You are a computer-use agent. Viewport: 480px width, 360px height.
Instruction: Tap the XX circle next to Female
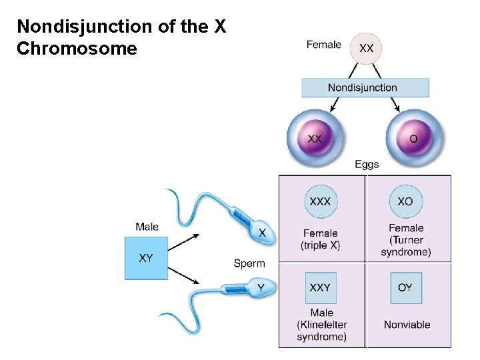point(366,48)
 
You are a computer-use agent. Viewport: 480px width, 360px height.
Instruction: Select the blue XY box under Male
point(147,258)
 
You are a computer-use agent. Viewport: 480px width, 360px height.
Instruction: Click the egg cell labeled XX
point(315,139)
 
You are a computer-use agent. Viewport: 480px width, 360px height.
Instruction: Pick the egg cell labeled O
point(413,139)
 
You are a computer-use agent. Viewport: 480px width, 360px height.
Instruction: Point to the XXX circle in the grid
point(321,201)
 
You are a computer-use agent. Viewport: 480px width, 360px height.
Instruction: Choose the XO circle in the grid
point(405,201)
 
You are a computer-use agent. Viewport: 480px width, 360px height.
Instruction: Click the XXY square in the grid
point(321,288)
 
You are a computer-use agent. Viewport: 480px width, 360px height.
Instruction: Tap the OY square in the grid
point(405,288)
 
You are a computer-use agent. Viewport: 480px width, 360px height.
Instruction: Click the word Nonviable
point(407,325)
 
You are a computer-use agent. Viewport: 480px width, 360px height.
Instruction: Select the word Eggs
point(367,165)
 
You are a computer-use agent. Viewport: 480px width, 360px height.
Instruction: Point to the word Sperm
point(249,263)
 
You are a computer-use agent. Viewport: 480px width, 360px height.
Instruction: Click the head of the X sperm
point(262,232)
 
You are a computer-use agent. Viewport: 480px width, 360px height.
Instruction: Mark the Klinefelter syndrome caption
point(322,325)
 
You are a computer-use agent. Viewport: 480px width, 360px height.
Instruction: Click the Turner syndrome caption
point(406,240)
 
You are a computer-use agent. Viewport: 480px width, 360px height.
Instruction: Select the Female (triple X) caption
point(321,239)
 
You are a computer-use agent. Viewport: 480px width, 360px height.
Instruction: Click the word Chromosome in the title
point(77,49)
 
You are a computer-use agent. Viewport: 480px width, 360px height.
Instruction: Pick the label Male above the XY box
point(147,227)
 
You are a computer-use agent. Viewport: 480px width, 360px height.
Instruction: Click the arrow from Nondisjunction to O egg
point(393,104)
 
